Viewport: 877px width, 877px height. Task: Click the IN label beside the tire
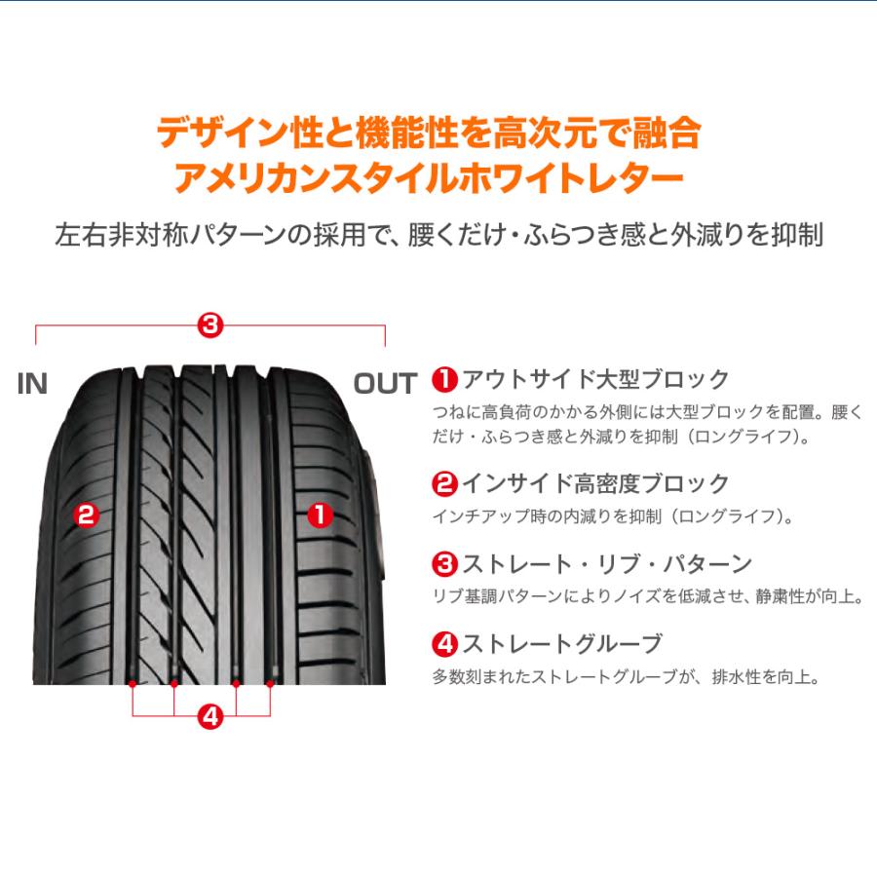pyautogui.click(x=32, y=384)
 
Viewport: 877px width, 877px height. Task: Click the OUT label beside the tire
pyautogui.click(x=385, y=384)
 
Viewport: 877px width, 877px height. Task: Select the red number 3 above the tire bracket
pyautogui.click(x=210, y=324)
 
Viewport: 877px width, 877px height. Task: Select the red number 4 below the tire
pyautogui.click(x=210, y=718)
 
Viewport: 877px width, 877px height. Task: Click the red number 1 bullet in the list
pyautogui.click(x=444, y=379)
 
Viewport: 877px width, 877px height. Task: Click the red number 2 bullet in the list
pyautogui.click(x=444, y=483)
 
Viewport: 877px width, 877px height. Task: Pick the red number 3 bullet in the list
pyautogui.click(x=444, y=564)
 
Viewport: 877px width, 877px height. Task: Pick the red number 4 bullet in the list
pyautogui.click(x=444, y=644)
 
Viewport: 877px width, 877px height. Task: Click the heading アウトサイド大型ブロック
pyautogui.click(x=594, y=379)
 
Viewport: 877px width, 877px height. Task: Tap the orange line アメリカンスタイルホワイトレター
pyautogui.click(x=429, y=180)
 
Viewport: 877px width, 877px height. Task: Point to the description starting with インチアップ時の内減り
pyautogui.click(x=612, y=515)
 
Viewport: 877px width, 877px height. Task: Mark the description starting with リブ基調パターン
pyautogui.click(x=647, y=596)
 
